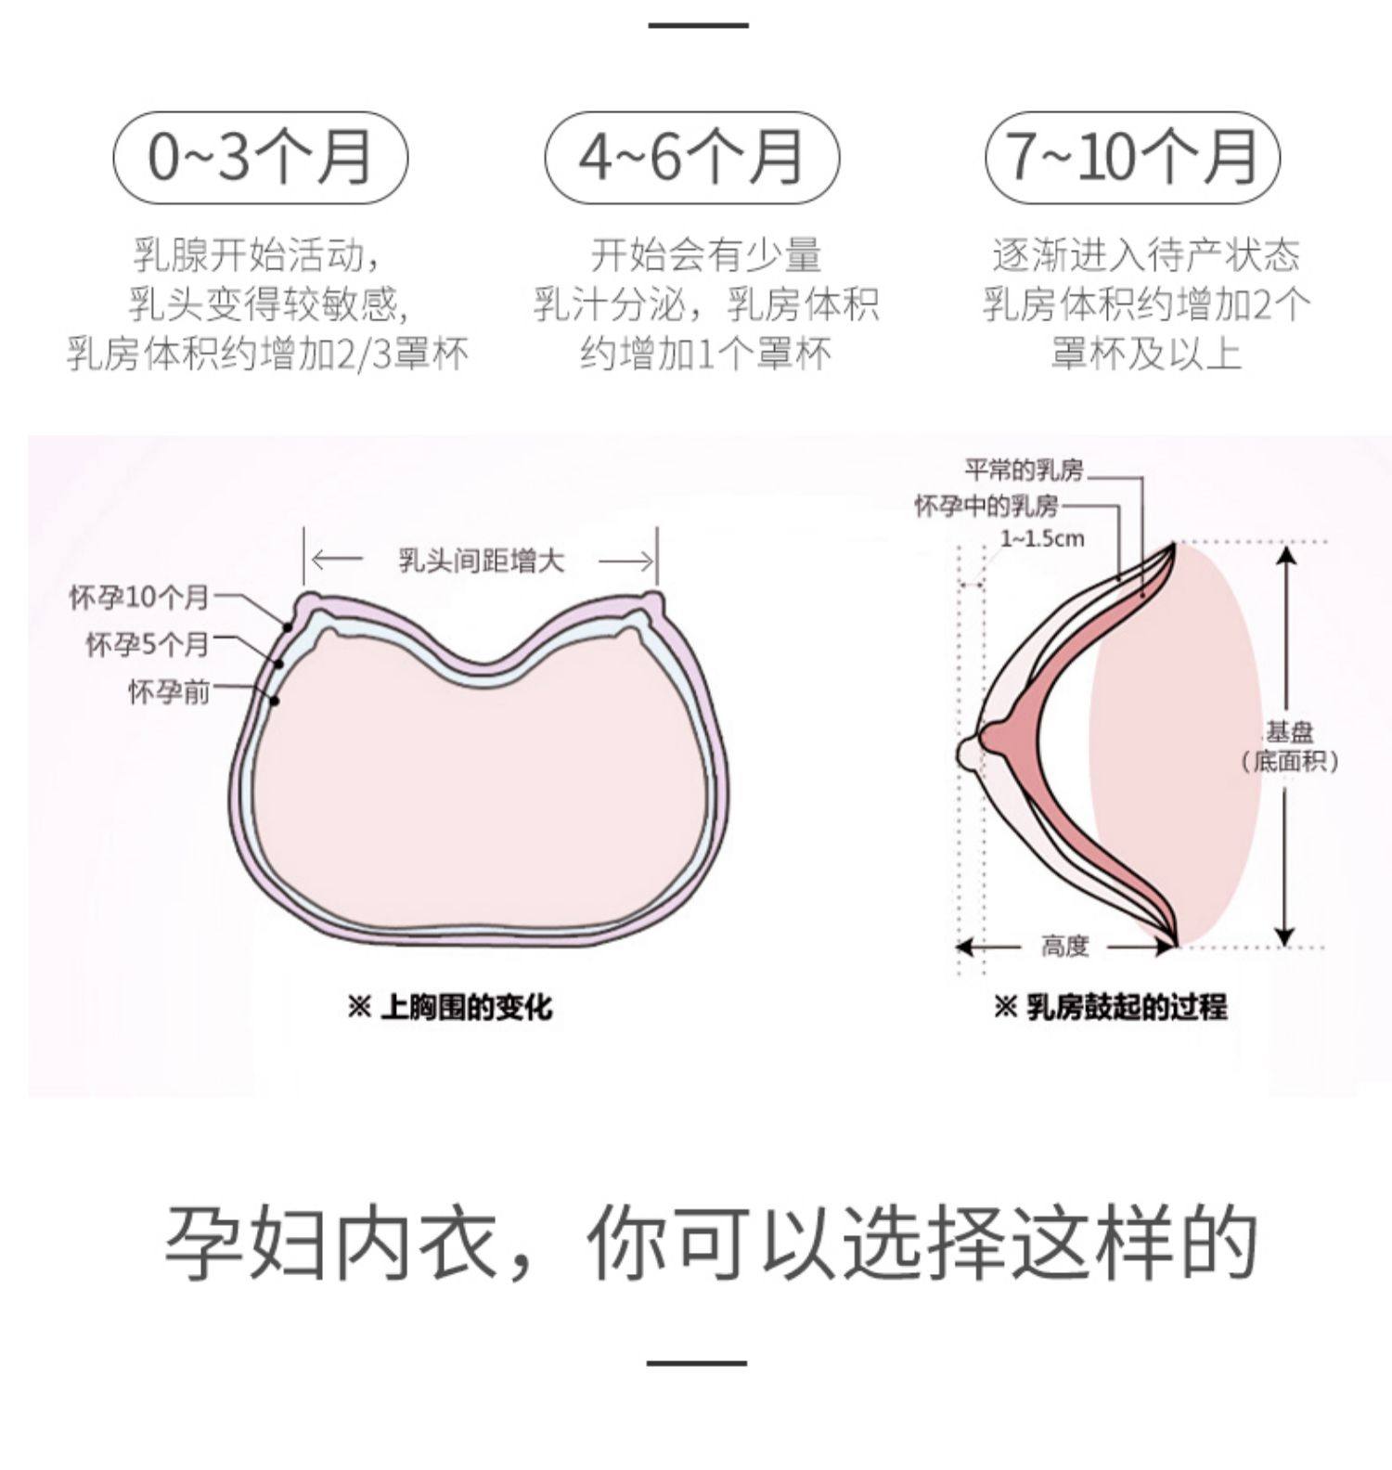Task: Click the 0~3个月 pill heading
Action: [260, 157]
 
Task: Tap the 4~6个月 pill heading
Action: [691, 157]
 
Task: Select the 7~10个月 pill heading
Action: [1132, 157]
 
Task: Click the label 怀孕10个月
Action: [139, 598]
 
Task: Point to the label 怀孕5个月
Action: [148, 643]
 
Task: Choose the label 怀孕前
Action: [169, 691]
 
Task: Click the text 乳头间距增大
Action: [481, 561]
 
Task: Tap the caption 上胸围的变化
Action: [450, 1006]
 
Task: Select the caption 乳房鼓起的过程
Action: [1111, 1006]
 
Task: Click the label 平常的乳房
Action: [1024, 471]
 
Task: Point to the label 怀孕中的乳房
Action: [986, 506]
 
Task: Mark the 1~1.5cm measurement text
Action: [1042, 538]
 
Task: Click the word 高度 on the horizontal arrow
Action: [1063, 946]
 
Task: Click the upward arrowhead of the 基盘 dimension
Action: [1285, 555]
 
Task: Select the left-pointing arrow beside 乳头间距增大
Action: [336, 561]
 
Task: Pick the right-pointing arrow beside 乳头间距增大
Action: [626, 561]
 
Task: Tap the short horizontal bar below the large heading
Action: [696, 1363]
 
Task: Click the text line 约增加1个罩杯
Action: [705, 354]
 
